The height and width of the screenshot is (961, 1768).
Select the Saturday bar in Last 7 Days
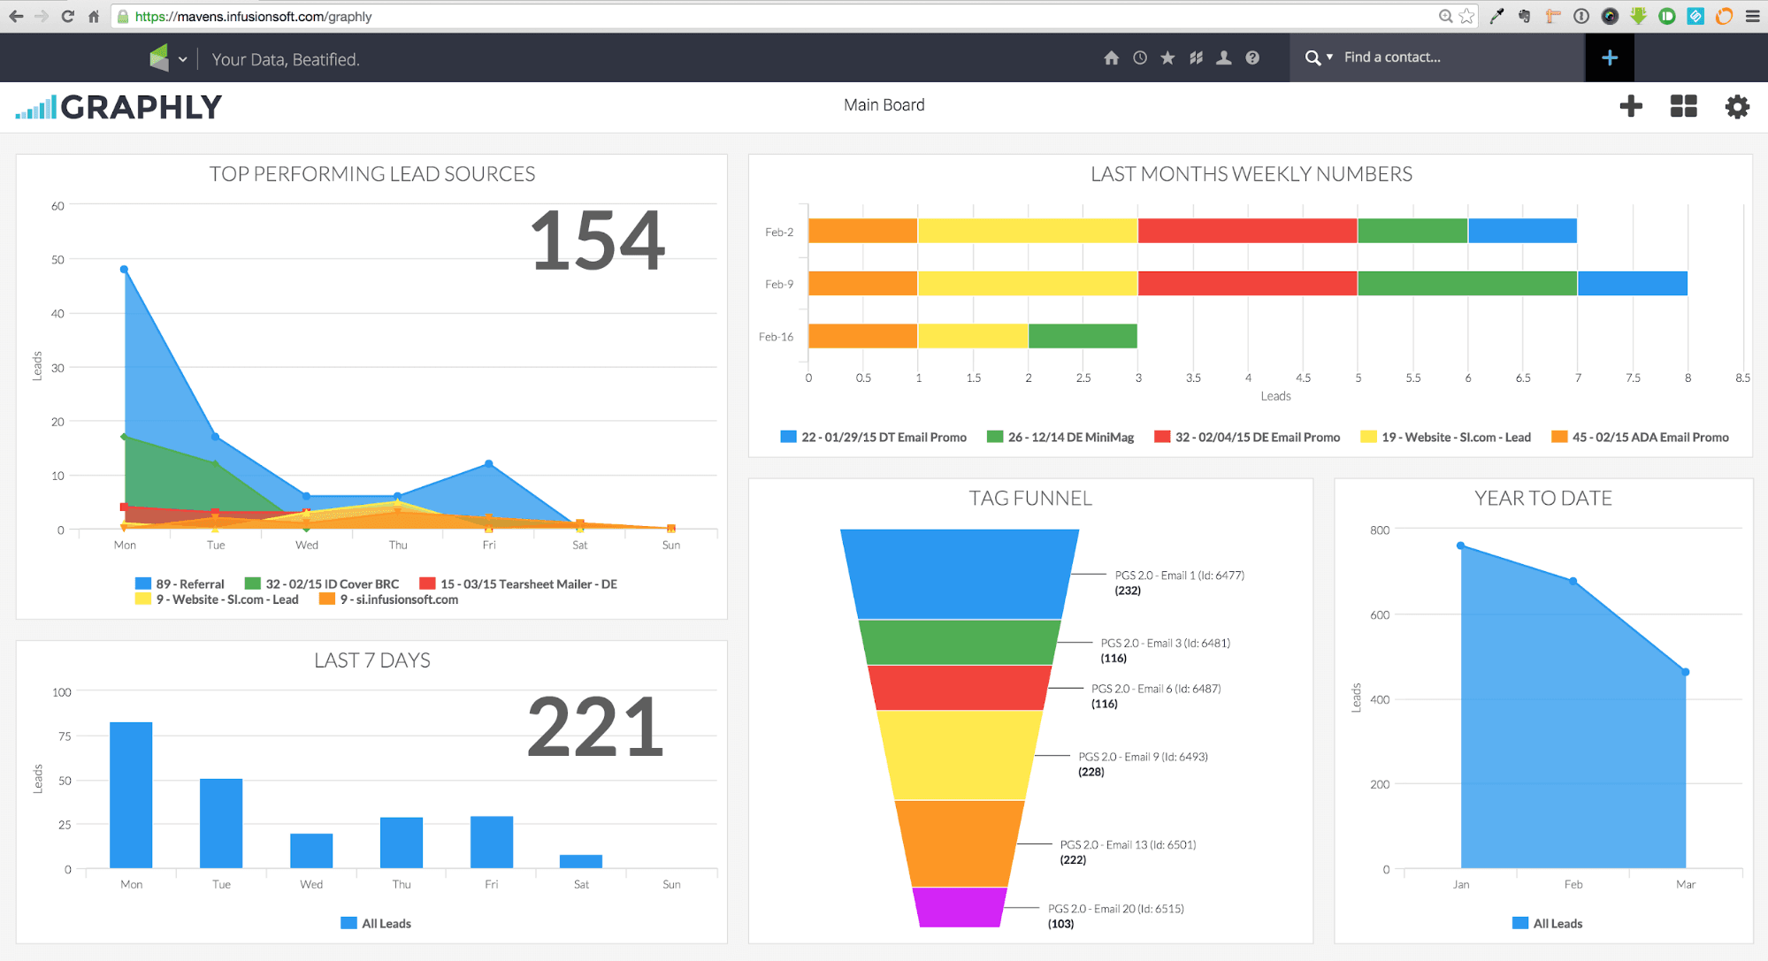point(581,861)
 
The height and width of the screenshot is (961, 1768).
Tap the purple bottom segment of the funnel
point(960,907)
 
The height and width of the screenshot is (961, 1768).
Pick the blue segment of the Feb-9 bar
point(1632,284)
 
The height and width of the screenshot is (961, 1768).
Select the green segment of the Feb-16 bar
point(1083,336)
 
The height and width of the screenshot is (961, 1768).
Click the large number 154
point(597,240)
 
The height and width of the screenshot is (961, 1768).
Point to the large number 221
point(595,728)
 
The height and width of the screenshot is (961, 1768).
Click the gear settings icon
point(1737,107)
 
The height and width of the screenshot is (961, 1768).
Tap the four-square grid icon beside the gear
point(1683,107)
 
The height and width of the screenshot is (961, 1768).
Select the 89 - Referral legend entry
point(180,583)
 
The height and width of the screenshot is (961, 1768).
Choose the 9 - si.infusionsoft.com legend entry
point(389,599)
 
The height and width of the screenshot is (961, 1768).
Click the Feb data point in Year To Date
point(1573,581)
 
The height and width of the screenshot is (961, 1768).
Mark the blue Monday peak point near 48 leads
point(124,269)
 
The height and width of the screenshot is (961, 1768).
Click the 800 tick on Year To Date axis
point(1379,530)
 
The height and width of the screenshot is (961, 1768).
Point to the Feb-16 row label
point(776,337)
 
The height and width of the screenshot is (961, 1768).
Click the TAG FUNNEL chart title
point(1030,499)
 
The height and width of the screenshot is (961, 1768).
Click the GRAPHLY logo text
point(142,107)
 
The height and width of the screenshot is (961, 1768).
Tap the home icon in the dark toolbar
point(1112,57)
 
